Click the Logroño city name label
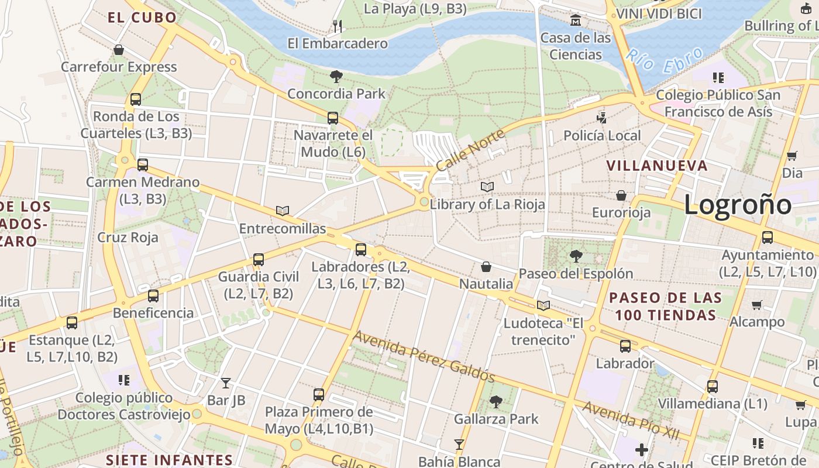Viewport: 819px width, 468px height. click(737, 205)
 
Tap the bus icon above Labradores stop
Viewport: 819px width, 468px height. click(360, 250)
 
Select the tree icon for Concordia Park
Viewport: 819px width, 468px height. click(336, 76)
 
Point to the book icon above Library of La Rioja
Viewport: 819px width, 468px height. click(487, 187)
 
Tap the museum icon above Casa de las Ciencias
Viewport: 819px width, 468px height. click(576, 21)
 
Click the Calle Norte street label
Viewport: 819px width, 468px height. click(470, 150)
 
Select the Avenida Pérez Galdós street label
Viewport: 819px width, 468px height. click(424, 357)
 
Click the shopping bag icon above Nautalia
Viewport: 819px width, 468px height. click(486, 267)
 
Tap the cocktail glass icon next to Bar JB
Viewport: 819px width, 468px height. click(226, 383)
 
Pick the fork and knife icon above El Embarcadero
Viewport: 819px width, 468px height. click(337, 26)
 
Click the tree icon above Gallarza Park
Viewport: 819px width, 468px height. click(496, 402)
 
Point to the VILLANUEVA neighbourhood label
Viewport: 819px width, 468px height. click(657, 166)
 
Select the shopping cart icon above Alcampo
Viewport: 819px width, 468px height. click(756, 305)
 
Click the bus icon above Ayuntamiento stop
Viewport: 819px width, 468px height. click(767, 238)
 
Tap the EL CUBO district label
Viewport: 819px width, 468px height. click(142, 18)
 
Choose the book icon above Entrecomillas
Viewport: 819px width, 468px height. click(283, 211)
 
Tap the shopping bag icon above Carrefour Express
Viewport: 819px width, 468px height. click(119, 50)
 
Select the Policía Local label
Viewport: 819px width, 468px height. click(602, 136)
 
